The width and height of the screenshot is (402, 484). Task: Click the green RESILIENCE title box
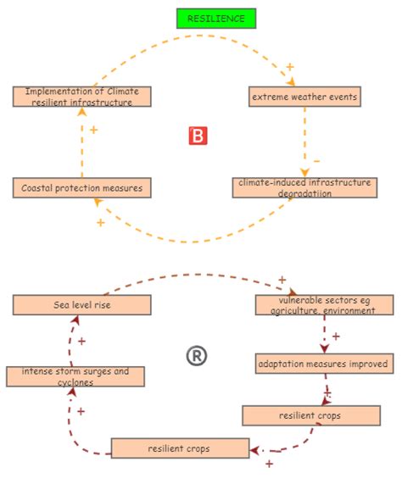pos(215,18)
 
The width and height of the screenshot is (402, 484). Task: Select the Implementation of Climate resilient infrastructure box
pos(82,97)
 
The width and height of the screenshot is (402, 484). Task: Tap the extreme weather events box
pos(304,97)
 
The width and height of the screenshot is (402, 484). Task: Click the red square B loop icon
pos(197,136)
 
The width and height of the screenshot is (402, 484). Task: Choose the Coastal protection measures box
pos(82,187)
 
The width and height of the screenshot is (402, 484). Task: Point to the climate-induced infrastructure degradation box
pos(303,187)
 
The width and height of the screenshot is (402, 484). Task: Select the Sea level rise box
pos(82,304)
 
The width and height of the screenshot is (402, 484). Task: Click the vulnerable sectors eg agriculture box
pos(324,305)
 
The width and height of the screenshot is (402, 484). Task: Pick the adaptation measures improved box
pos(324,364)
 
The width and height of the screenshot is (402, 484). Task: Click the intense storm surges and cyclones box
pos(75,376)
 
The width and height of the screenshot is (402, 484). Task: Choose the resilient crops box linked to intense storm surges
pos(180,448)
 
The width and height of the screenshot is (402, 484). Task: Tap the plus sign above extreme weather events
pos(290,66)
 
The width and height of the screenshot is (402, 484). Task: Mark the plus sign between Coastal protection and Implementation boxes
pos(93,131)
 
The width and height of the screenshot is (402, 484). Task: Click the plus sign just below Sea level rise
pos(81,342)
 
